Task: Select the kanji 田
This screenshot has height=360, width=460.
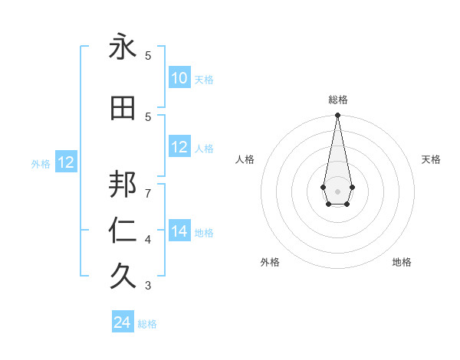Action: coord(123,108)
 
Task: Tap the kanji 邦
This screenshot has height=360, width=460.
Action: coord(123,184)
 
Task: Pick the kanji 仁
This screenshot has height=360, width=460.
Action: coord(123,231)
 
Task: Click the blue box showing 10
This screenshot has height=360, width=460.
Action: coord(179,78)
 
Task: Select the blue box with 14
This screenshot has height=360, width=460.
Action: coord(179,231)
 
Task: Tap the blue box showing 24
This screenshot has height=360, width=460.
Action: coord(123,322)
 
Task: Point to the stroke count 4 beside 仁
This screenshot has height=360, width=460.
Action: coord(148,240)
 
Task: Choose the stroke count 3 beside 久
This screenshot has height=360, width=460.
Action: coord(148,286)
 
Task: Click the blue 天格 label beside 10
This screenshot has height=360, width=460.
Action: coord(204,80)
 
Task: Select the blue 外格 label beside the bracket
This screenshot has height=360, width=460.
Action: coord(41,163)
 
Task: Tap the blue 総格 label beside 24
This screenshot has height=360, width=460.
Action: coord(147,324)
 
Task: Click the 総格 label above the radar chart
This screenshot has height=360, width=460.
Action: coord(337,100)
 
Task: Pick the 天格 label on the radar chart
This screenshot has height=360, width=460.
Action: coord(431,159)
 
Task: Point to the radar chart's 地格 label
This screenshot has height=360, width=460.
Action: coord(402,262)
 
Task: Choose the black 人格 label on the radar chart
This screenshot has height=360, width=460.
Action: coord(245,159)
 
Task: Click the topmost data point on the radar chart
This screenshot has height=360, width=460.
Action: coord(337,116)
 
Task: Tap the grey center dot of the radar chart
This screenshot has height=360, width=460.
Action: coord(337,191)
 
